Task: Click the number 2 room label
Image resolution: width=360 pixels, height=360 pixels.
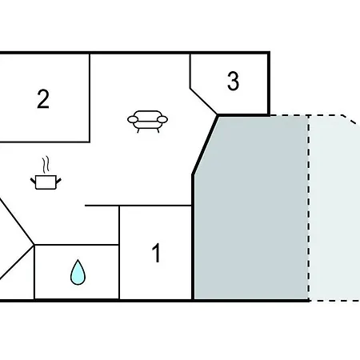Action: [43, 99]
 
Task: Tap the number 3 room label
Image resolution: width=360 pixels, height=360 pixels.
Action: [233, 81]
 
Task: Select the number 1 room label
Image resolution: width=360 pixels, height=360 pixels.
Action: [157, 253]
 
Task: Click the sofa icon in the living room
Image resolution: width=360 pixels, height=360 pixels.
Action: [147, 122]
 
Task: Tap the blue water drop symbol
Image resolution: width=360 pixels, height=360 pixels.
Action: [78, 272]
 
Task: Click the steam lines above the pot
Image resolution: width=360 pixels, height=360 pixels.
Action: [46, 164]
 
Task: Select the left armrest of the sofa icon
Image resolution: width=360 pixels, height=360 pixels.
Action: [133, 119]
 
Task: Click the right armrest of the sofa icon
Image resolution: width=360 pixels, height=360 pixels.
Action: [162, 119]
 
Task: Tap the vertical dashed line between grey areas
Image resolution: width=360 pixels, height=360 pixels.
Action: [309, 208]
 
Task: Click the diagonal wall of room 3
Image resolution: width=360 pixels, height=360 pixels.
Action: [203, 102]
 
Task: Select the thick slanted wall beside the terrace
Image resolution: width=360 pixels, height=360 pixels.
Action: [205, 145]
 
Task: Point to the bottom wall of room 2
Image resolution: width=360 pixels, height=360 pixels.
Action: [45, 142]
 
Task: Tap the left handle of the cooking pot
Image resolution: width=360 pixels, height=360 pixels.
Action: [33, 181]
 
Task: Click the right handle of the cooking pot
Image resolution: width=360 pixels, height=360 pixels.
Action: [58, 182]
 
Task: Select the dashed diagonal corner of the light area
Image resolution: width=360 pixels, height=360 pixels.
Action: [350, 120]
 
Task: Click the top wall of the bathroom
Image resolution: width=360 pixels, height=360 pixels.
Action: [77, 245]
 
